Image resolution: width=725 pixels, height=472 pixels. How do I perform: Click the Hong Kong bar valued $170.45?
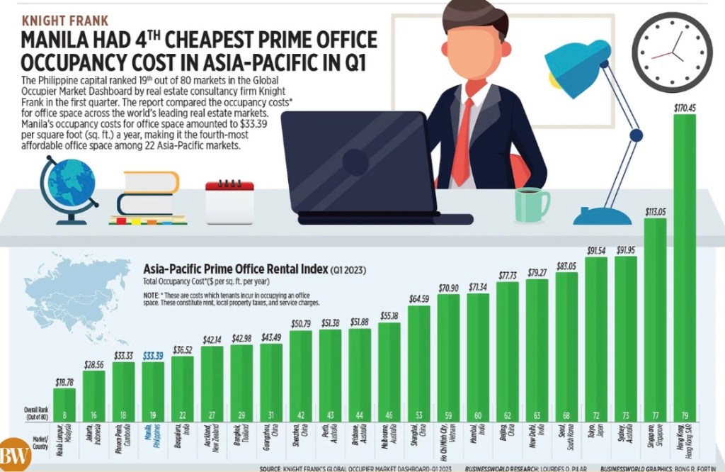[x=685, y=269]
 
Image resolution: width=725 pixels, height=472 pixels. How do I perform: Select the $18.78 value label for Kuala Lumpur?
[x=64, y=382]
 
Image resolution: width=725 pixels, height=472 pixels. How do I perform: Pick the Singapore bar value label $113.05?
[x=655, y=210]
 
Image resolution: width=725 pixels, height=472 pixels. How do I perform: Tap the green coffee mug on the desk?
[x=530, y=204]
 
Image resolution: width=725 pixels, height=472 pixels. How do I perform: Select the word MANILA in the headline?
[x=62, y=40]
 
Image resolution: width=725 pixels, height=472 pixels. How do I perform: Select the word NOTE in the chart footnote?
[x=152, y=294]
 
